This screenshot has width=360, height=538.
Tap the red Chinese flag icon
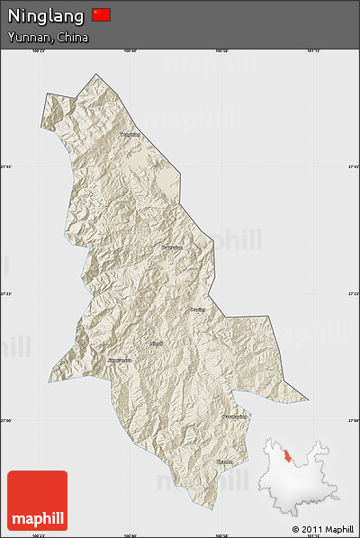[x=101, y=14]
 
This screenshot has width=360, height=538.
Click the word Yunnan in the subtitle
[x=28, y=38]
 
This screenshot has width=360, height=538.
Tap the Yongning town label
[x=130, y=135]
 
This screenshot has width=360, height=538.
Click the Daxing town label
[x=198, y=309]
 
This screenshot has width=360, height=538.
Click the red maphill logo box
[x=37, y=500]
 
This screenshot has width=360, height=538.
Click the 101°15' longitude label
[x=313, y=51]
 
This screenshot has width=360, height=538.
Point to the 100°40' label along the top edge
[x=129, y=51]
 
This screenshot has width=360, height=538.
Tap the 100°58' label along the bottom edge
[x=222, y=534]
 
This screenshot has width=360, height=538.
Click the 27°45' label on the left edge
[x=5, y=166]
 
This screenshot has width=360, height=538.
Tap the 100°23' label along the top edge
[x=38, y=51]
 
